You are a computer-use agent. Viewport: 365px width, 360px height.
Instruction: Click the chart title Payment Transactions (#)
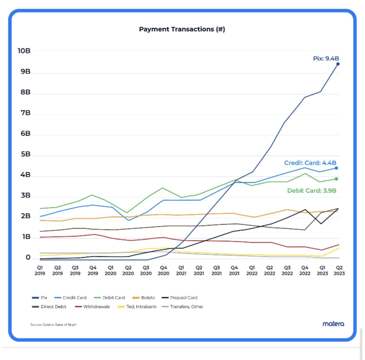tap(182, 30)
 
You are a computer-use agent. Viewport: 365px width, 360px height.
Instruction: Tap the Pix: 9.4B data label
tap(326, 58)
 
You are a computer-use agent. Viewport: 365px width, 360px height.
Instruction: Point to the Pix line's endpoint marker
tap(338, 64)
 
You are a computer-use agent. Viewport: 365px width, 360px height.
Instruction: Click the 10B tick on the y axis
tap(24, 51)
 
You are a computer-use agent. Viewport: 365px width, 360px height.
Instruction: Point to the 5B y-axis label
tap(26, 155)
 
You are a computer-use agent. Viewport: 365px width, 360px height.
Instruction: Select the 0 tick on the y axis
tap(28, 258)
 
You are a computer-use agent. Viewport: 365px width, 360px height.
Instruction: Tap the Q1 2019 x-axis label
tap(40, 270)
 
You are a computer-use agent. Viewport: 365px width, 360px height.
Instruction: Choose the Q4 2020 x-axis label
tap(164, 270)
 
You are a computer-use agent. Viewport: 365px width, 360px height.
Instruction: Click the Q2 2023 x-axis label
tap(339, 270)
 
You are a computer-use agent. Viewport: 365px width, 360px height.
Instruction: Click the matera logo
tap(333, 324)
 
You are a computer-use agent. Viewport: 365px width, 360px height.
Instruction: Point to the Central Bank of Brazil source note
tap(50, 325)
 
